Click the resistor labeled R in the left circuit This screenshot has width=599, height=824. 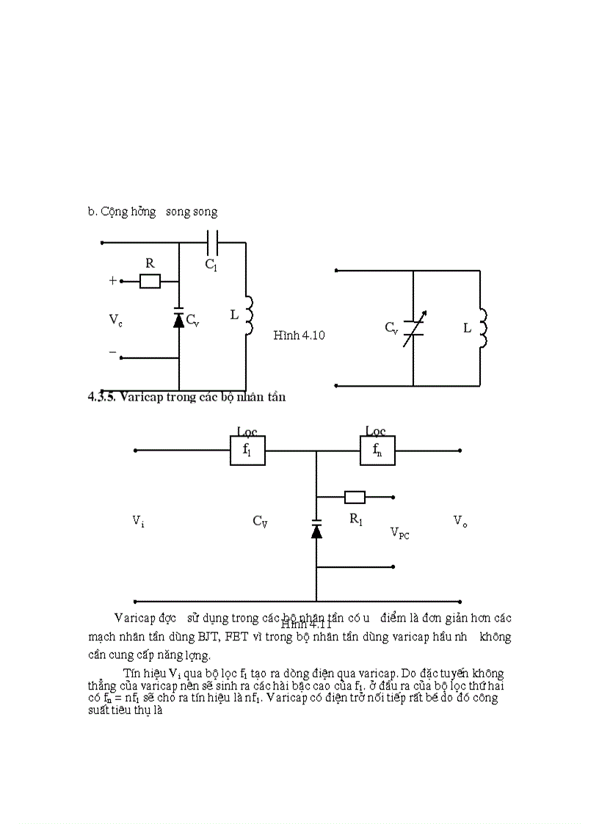pos(150,281)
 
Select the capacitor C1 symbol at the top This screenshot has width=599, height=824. pos(212,243)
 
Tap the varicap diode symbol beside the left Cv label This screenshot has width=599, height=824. pos(178,318)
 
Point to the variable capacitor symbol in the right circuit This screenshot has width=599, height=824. pos(414,327)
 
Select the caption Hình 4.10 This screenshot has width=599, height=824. pos(299,335)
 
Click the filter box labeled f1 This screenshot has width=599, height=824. pos(247,451)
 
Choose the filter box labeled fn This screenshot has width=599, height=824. pos(377,451)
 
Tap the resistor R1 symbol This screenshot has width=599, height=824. pos(355,497)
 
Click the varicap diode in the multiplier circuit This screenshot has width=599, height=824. pos(316,529)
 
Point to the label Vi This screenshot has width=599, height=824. pos(138,520)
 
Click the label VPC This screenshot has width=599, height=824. pos(399,533)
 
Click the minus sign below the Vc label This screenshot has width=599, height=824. pos(112,352)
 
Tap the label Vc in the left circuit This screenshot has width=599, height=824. pos(115,319)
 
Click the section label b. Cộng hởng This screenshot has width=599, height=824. pos(122,211)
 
